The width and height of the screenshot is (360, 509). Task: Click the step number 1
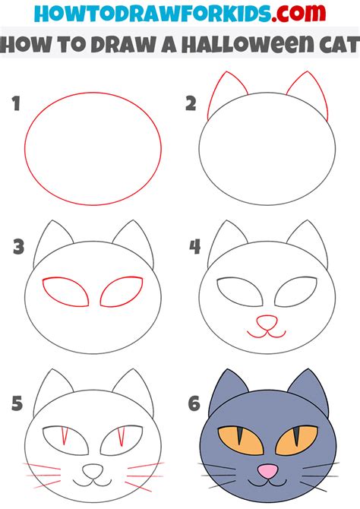(x=15, y=104)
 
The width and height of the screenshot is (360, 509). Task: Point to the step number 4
(x=194, y=247)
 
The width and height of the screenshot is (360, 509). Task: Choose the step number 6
(x=194, y=403)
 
